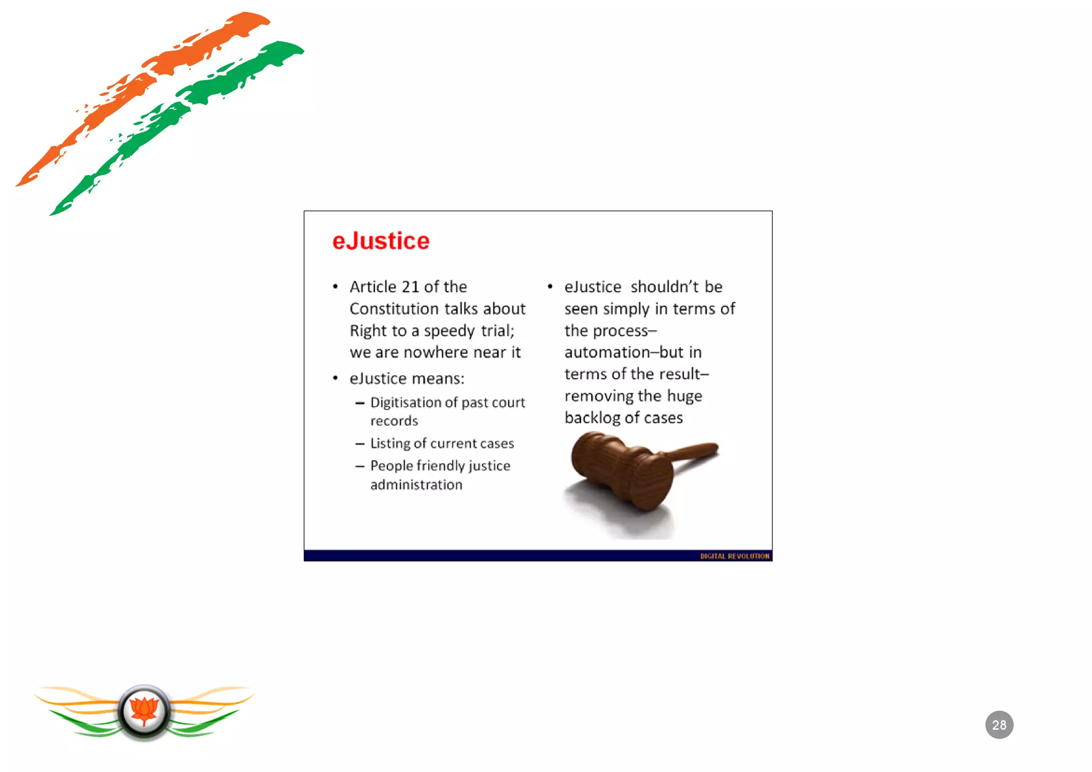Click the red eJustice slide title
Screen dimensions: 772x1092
pyautogui.click(x=381, y=241)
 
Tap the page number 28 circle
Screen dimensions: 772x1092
pyautogui.click(x=999, y=725)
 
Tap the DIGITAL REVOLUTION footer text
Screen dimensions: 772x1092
pyautogui.click(x=734, y=556)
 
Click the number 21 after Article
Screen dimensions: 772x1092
pyautogui.click(x=410, y=287)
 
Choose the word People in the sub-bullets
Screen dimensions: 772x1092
pyautogui.click(x=391, y=466)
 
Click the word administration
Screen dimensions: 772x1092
pyautogui.click(x=416, y=485)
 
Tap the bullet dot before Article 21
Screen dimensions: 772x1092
pyautogui.click(x=335, y=287)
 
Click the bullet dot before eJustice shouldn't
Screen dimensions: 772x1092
pyautogui.click(x=550, y=287)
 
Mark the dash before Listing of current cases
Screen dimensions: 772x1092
pyautogui.click(x=360, y=444)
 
